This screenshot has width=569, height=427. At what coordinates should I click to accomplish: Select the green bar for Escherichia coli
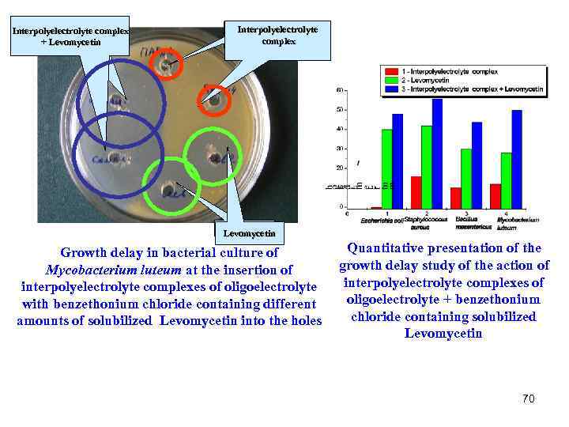(386, 168)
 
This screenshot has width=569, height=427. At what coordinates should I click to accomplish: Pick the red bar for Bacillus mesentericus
(455, 198)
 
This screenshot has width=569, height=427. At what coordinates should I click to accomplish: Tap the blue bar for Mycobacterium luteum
(517, 159)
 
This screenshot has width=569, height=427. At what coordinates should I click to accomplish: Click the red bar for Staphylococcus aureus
(416, 192)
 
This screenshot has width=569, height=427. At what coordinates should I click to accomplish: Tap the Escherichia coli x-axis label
(382, 219)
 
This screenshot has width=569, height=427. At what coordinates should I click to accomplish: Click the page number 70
(528, 399)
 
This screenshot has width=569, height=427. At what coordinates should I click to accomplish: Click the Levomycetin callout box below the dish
(249, 233)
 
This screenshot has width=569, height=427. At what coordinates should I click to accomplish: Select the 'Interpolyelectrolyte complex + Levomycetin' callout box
(70, 36)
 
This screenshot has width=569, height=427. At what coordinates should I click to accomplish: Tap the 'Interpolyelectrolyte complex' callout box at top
(277, 35)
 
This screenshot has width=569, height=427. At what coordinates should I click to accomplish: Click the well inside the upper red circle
(167, 64)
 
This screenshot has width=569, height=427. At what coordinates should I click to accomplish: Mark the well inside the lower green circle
(170, 190)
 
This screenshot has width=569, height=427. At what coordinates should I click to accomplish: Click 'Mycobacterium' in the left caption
(84, 270)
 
